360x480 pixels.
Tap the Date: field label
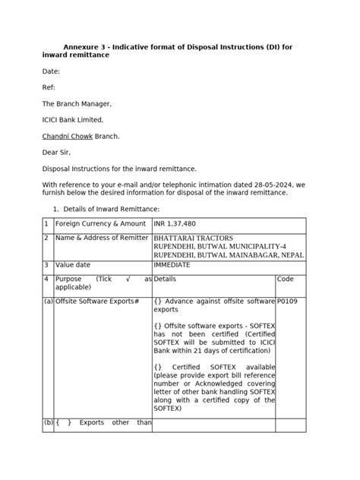(51, 71)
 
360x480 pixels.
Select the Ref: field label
(49, 87)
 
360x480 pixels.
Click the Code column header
(286, 279)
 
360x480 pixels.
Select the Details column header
(165, 279)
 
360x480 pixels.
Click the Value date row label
(73, 265)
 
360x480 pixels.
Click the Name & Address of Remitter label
(102, 238)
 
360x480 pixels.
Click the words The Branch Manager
(76, 104)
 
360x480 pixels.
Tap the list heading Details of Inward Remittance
(110, 208)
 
